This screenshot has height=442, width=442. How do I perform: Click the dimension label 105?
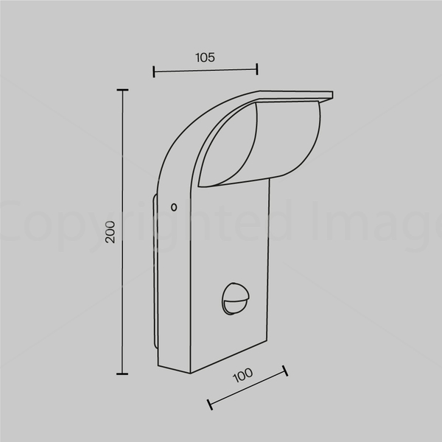coord(205,57)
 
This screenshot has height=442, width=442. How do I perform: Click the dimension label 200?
coord(110,232)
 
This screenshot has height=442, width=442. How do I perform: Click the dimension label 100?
coord(242,375)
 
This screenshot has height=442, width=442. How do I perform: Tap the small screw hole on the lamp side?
coord(174,208)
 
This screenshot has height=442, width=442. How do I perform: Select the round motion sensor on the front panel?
coord(235,299)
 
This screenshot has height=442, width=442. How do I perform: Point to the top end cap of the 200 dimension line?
coord(122,90)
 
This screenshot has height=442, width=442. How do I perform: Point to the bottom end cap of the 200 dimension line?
coord(122,373)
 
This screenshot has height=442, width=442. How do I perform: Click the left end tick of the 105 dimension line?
coord(154,71)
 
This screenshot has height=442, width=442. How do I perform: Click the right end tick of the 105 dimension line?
coord(257,69)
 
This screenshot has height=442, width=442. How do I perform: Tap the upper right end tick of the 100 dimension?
coord(285,371)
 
